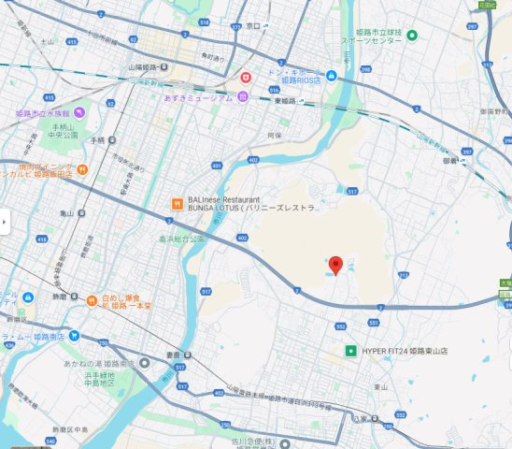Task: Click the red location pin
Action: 336,264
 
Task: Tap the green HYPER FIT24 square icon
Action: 350,351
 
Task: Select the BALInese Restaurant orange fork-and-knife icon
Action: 175,203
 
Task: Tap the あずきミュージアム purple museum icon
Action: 242,97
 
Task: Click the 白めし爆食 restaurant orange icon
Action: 92,301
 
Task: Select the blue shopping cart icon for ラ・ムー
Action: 73,336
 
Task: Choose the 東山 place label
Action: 380,386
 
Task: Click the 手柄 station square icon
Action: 111,139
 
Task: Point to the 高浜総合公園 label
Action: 179,239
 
